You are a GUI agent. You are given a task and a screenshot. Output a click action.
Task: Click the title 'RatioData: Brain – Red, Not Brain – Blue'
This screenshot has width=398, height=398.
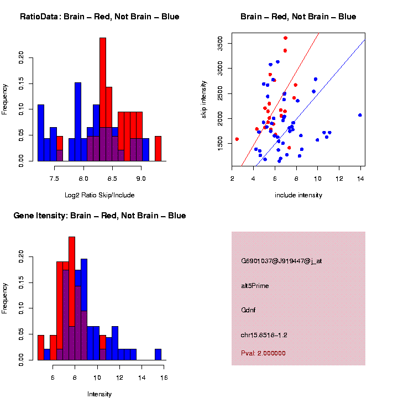[99, 17]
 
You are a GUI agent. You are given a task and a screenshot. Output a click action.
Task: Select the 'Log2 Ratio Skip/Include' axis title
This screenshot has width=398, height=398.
[99, 195]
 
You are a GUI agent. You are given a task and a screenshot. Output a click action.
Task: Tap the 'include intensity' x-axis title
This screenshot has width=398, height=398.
[298, 195]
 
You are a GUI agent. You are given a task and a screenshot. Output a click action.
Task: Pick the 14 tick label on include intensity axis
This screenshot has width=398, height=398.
[360, 179]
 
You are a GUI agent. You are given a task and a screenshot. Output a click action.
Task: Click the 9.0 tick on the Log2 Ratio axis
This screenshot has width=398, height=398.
[141, 179]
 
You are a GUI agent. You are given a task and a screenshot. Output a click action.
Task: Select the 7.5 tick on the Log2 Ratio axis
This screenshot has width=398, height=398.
[54, 179]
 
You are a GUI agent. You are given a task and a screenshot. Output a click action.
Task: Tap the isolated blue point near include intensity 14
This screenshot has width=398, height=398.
[360, 115]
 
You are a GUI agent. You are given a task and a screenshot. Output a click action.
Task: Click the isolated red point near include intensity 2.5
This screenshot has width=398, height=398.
[237, 139]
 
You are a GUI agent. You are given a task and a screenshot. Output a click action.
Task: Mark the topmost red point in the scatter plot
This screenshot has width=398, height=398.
[285, 38]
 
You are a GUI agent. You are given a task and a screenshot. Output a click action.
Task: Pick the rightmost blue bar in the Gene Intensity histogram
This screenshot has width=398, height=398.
[158, 354]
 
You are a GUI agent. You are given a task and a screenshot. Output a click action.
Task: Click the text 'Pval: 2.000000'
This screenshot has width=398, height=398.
[263, 353]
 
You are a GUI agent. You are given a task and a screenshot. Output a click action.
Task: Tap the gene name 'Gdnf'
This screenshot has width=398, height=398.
[249, 310]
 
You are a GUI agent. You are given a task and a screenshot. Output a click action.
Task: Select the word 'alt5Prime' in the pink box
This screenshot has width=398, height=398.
[255, 286]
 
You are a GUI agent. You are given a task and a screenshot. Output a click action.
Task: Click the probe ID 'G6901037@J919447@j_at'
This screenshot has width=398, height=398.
[281, 261]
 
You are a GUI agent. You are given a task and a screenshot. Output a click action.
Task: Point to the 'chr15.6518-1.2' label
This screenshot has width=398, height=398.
[264, 335]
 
